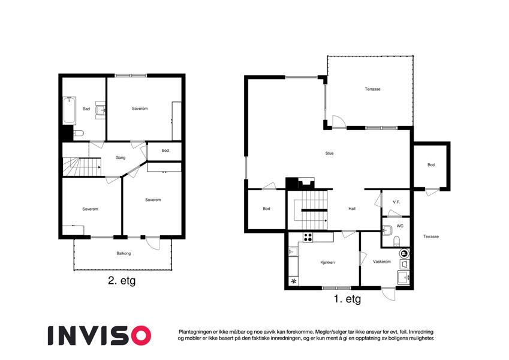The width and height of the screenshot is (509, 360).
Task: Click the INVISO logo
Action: point(100,335)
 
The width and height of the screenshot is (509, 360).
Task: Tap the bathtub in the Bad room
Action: point(69,110)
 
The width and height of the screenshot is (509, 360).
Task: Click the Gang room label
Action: point(121,158)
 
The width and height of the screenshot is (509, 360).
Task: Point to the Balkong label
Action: point(124,253)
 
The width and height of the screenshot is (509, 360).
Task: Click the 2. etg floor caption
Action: point(122,281)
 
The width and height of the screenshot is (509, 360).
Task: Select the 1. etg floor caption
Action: point(347,299)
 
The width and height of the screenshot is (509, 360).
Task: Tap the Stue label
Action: point(330,154)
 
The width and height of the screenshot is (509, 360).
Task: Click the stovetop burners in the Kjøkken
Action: point(308,237)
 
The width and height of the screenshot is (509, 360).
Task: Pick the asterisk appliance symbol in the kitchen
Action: point(294,281)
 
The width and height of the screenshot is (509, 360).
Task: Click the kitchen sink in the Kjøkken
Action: point(293,251)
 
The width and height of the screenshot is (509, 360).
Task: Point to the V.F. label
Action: point(396,202)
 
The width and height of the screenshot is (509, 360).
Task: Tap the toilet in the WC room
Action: point(396,241)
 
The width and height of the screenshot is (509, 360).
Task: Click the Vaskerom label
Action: point(382,262)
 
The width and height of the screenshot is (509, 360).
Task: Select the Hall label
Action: point(352,209)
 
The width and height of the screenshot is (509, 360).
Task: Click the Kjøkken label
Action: point(327,263)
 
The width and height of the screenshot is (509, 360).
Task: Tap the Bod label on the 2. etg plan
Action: point(165,151)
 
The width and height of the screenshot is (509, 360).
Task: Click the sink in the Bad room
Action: point(101,110)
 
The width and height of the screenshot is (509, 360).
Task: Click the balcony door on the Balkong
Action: point(152,243)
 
